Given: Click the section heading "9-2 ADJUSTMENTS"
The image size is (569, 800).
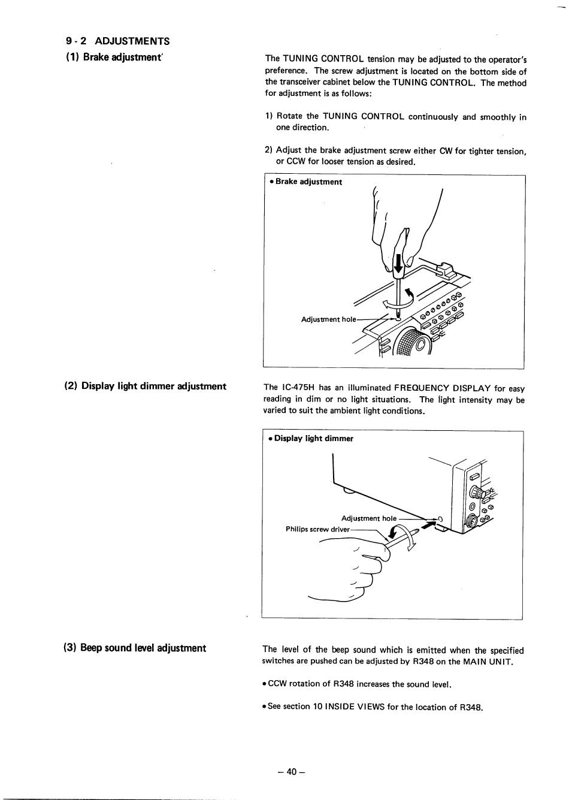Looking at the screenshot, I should click(118, 41).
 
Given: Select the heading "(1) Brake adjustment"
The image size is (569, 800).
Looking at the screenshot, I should click(114, 58).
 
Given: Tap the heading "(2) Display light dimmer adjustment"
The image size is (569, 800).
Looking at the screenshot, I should click(146, 387).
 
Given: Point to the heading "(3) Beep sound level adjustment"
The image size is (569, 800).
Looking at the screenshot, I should click(135, 648).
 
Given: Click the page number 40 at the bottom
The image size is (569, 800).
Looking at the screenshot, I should click(292, 772).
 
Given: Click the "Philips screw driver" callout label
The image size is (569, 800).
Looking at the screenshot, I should click(317, 529).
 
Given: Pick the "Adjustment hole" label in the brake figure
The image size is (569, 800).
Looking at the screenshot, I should click(328, 319).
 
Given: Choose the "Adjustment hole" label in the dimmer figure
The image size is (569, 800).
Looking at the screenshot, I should click(368, 518).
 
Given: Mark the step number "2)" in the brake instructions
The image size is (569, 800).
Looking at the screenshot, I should click(269, 150).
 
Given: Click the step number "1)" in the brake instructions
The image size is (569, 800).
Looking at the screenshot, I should click(269, 116).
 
